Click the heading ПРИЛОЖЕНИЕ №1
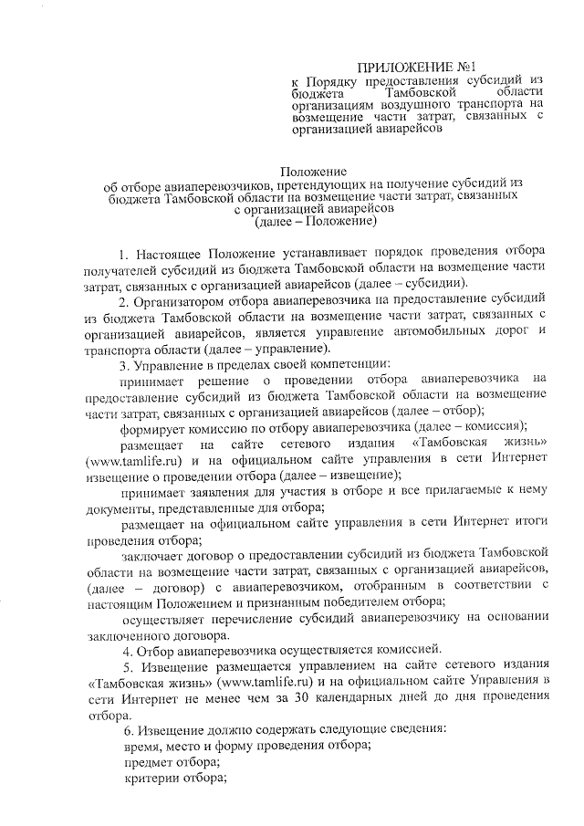(416, 68)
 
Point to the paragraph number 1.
(124, 251)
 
